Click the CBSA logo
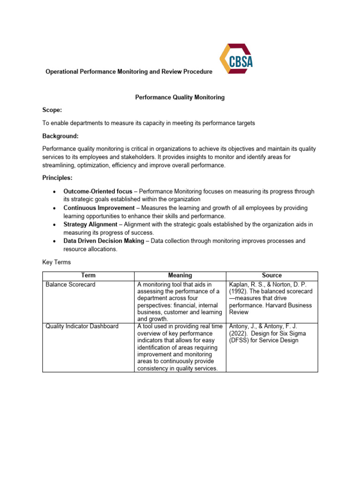point(236,59)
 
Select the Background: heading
point(60,136)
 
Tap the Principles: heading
point(58,179)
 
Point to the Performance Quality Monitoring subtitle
point(180,97)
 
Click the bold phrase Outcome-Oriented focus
point(98,192)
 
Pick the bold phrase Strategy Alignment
point(90,225)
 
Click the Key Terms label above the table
point(57,262)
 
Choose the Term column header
point(88,276)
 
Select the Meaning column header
point(180,276)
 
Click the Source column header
point(272,276)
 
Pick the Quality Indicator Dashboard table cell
point(82,326)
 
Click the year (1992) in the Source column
point(239,291)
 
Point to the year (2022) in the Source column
point(239,333)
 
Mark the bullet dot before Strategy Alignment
point(55,225)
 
